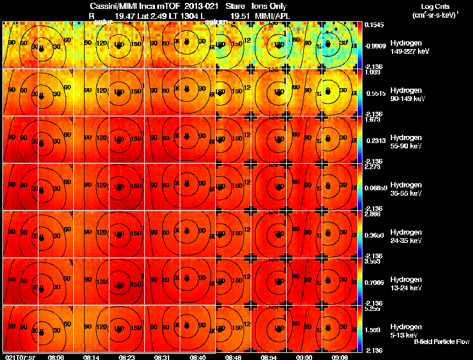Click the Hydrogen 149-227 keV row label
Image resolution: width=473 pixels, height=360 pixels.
click(x=409, y=47)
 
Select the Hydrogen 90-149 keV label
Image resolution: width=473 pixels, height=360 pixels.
click(x=409, y=94)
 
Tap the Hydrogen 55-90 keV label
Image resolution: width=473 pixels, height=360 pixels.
click(x=409, y=141)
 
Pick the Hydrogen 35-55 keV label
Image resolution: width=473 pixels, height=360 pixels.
click(x=409, y=189)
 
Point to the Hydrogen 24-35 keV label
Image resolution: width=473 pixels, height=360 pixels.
click(x=409, y=236)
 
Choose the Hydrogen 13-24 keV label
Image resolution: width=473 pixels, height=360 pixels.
click(x=409, y=283)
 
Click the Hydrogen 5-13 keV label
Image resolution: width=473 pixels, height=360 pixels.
click(x=409, y=330)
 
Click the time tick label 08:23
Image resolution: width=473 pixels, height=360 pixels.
click(x=127, y=357)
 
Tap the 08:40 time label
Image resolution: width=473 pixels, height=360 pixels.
click(x=197, y=357)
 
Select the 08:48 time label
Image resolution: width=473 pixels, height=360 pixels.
click(x=233, y=357)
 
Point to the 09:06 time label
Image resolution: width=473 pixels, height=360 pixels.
click(x=339, y=357)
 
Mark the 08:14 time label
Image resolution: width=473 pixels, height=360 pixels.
click(x=92, y=357)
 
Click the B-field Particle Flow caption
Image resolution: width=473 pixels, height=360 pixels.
click(x=441, y=342)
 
